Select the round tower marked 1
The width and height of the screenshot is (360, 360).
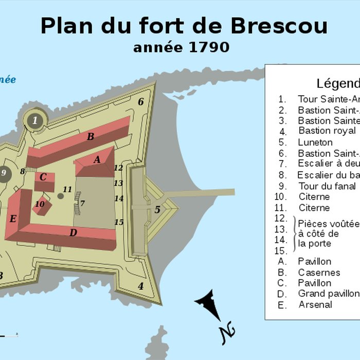(35, 121)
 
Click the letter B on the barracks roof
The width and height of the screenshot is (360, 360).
(91, 137)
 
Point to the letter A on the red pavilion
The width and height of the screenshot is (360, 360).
(97, 160)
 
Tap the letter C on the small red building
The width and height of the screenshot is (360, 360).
(43, 177)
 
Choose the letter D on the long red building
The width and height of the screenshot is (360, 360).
(73, 232)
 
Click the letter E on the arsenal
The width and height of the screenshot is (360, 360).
(13, 219)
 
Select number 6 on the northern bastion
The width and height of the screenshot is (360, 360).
(140, 101)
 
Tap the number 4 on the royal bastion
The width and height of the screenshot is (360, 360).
(140, 286)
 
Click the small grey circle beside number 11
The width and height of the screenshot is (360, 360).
(61, 195)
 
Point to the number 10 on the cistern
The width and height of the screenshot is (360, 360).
(40, 204)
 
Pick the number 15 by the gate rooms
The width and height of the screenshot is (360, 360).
(119, 222)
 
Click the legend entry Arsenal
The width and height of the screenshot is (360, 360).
(315, 304)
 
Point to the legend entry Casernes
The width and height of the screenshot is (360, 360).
(319, 273)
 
